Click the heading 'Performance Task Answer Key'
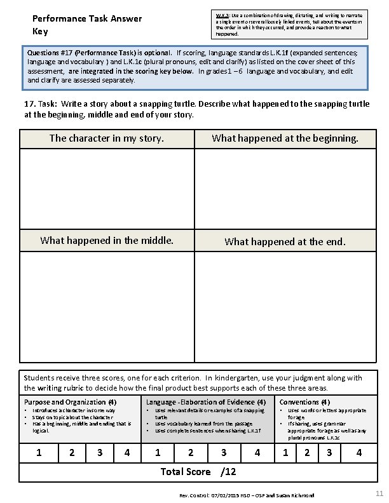point(86,25)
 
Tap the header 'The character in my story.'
point(107,138)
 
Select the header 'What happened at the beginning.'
point(285,138)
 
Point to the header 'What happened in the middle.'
point(107,240)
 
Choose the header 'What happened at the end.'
point(285,241)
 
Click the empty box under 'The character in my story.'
point(107,188)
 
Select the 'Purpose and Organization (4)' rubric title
point(70,402)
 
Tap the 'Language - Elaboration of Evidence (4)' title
point(206,402)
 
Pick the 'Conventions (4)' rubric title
point(304,402)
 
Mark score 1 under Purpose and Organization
point(39,453)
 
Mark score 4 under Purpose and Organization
point(128,453)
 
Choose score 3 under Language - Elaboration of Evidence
point(223,453)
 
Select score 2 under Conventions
point(307,453)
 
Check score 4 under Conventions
point(359,453)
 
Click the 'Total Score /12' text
point(198,472)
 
